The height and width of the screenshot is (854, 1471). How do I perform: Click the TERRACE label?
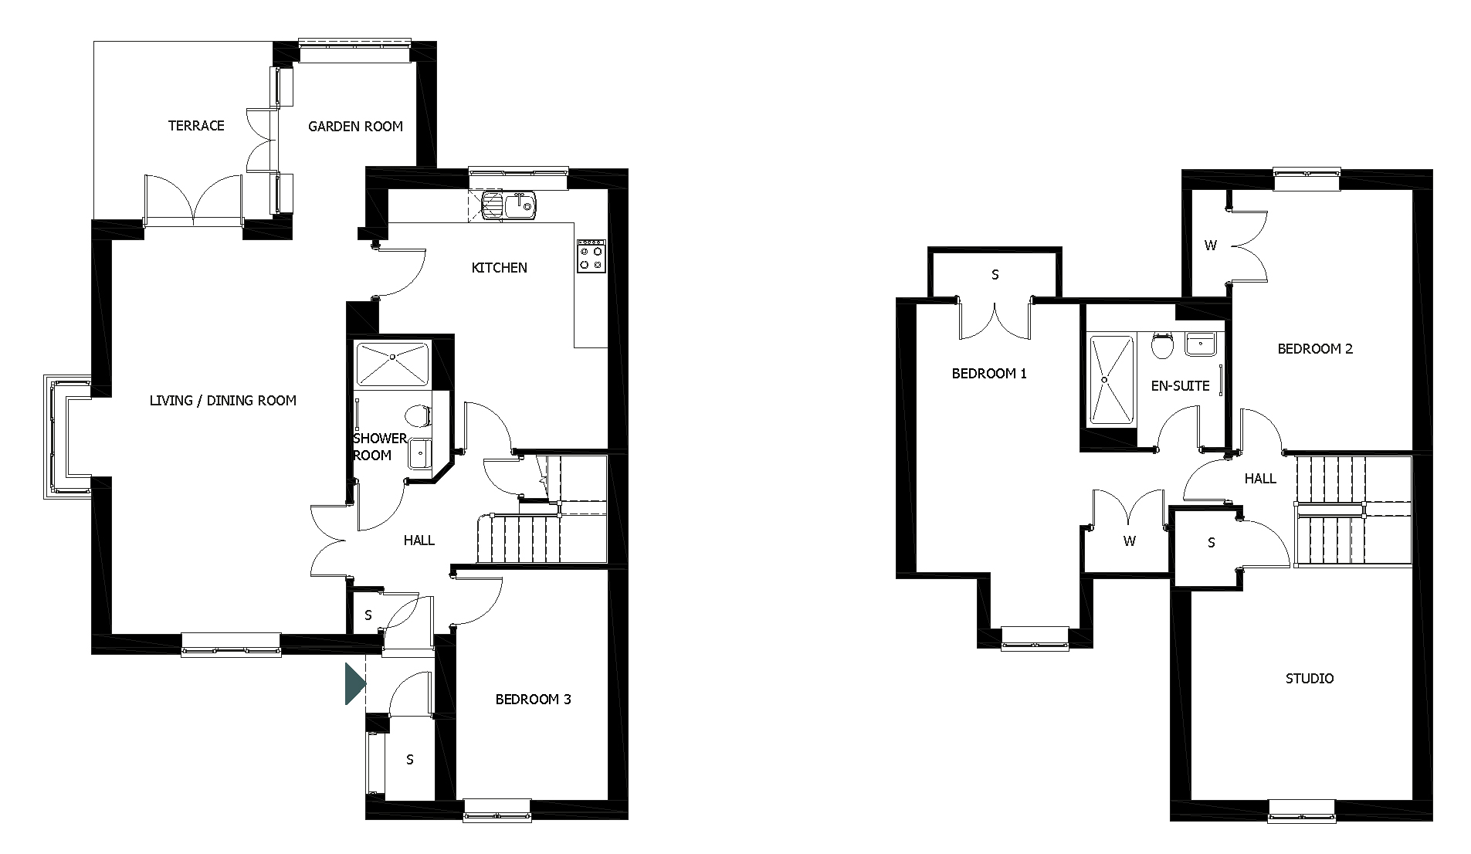coord(196,126)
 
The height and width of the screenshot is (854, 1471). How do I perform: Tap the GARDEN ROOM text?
coord(355,127)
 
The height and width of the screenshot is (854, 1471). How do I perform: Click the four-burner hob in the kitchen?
coord(591,256)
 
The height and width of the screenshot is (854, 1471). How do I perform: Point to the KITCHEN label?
coord(500,268)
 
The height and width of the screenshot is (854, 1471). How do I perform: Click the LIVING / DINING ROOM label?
coord(223,401)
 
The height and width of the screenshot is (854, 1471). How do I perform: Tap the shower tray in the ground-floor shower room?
coord(392,363)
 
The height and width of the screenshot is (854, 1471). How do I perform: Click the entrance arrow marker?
coord(354,684)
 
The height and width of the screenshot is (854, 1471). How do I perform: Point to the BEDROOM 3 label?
coord(533,700)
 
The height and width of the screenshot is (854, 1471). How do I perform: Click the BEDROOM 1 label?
coord(989,374)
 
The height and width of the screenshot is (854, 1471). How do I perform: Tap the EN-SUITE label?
coord(1180,386)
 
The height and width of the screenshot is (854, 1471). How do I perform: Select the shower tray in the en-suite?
coord(1110,379)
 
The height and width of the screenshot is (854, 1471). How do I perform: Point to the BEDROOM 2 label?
coord(1315,349)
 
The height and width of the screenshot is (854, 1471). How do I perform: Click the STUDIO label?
coord(1310,679)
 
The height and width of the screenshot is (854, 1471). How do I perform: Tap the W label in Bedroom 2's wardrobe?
coord(1210,246)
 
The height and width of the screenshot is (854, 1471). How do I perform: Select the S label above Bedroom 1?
coord(995,274)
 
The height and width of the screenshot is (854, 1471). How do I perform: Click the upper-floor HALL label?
coord(1260,479)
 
